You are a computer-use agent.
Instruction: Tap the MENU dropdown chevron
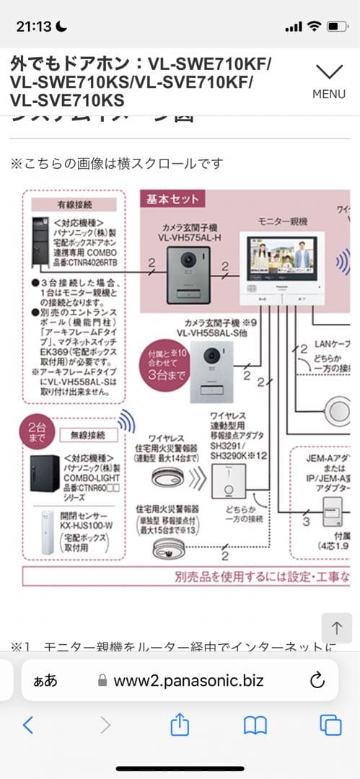[x=329, y=71]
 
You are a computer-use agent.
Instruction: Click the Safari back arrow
[x=28, y=725]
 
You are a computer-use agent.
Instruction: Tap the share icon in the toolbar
[x=180, y=724]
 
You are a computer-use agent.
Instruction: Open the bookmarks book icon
[x=255, y=725]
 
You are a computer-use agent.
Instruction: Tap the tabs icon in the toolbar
[x=330, y=725]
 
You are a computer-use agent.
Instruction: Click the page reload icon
[x=317, y=680]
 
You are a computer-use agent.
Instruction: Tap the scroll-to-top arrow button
[x=336, y=628]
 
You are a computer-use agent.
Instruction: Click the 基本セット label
[x=172, y=199]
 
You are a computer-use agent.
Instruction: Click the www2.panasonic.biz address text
[x=188, y=680]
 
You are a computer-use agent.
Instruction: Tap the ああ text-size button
[x=45, y=680]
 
